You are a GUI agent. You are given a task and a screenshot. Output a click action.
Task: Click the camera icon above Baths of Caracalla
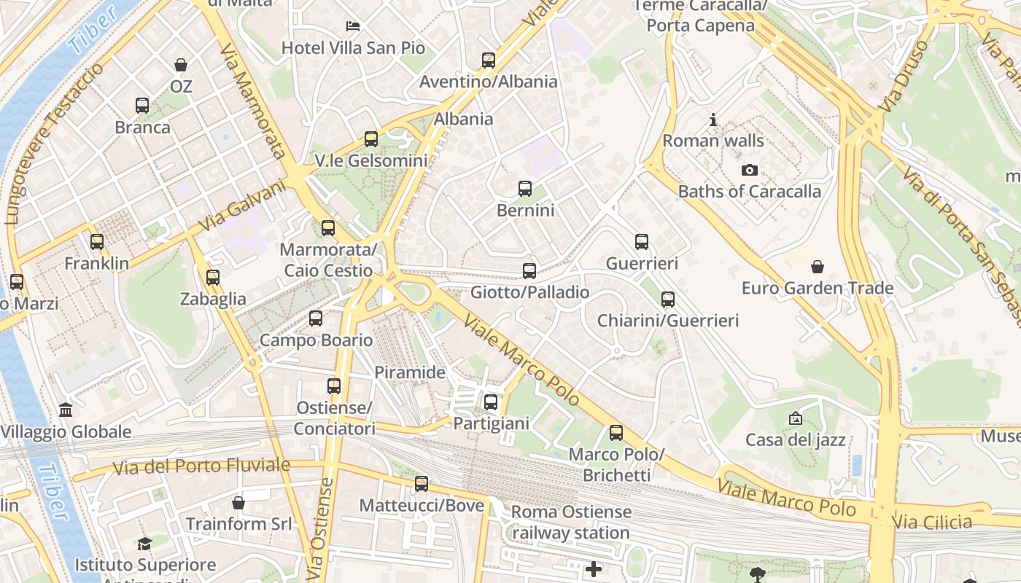pyautogui.click(x=749, y=171)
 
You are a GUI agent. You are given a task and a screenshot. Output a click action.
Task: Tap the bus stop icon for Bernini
pyautogui.click(x=525, y=189)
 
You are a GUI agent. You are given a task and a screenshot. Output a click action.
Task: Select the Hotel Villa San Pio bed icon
pyautogui.click(x=353, y=26)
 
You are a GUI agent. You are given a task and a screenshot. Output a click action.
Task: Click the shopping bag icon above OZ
pyautogui.click(x=181, y=65)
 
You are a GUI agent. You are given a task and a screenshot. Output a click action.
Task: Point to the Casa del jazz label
pyautogui.click(x=795, y=439)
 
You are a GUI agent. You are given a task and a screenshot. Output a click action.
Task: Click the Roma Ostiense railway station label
pyautogui.click(x=571, y=522)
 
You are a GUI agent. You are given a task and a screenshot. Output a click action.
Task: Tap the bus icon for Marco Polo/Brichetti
pyautogui.click(x=616, y=433)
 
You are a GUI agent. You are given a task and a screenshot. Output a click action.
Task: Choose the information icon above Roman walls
pyautogui.click(x=713, y=120)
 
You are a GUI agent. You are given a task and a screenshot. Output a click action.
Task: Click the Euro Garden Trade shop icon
pyautogui.click(x=818, y=267)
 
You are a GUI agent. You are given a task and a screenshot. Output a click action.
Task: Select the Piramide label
pyautogui.click(x=410, y=372)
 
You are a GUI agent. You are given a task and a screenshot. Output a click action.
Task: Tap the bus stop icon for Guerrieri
pyautogui.click(x=642, y=242)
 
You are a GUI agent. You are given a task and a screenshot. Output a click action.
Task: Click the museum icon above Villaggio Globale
pyautogui.click(x=66, y=410)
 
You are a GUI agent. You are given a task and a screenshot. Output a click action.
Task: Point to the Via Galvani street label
pyautogui.click(x=241, y=206)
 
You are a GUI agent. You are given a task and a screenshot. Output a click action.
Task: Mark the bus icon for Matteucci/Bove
pyautogui.click(x=422, y=484)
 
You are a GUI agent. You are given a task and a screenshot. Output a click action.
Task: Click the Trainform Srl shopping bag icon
pyautogui.click(x=238, y=503)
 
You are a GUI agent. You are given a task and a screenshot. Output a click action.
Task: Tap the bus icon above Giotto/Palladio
pyautogui.click(x=529, y=271)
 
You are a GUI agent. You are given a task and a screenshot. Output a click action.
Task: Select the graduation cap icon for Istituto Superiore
pyautogui.click(x=145, y=544)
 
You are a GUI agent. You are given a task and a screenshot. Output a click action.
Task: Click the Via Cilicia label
pyautogui.click(x=932, y=522)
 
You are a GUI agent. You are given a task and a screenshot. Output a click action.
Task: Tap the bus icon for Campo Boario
pyautogui.click(x=316, y=318)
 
